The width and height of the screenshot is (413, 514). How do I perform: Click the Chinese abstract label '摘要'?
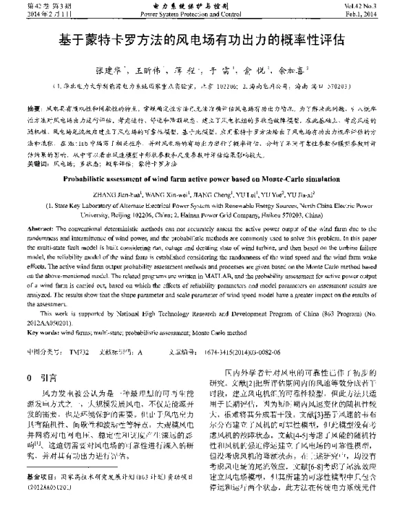point(33,109)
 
